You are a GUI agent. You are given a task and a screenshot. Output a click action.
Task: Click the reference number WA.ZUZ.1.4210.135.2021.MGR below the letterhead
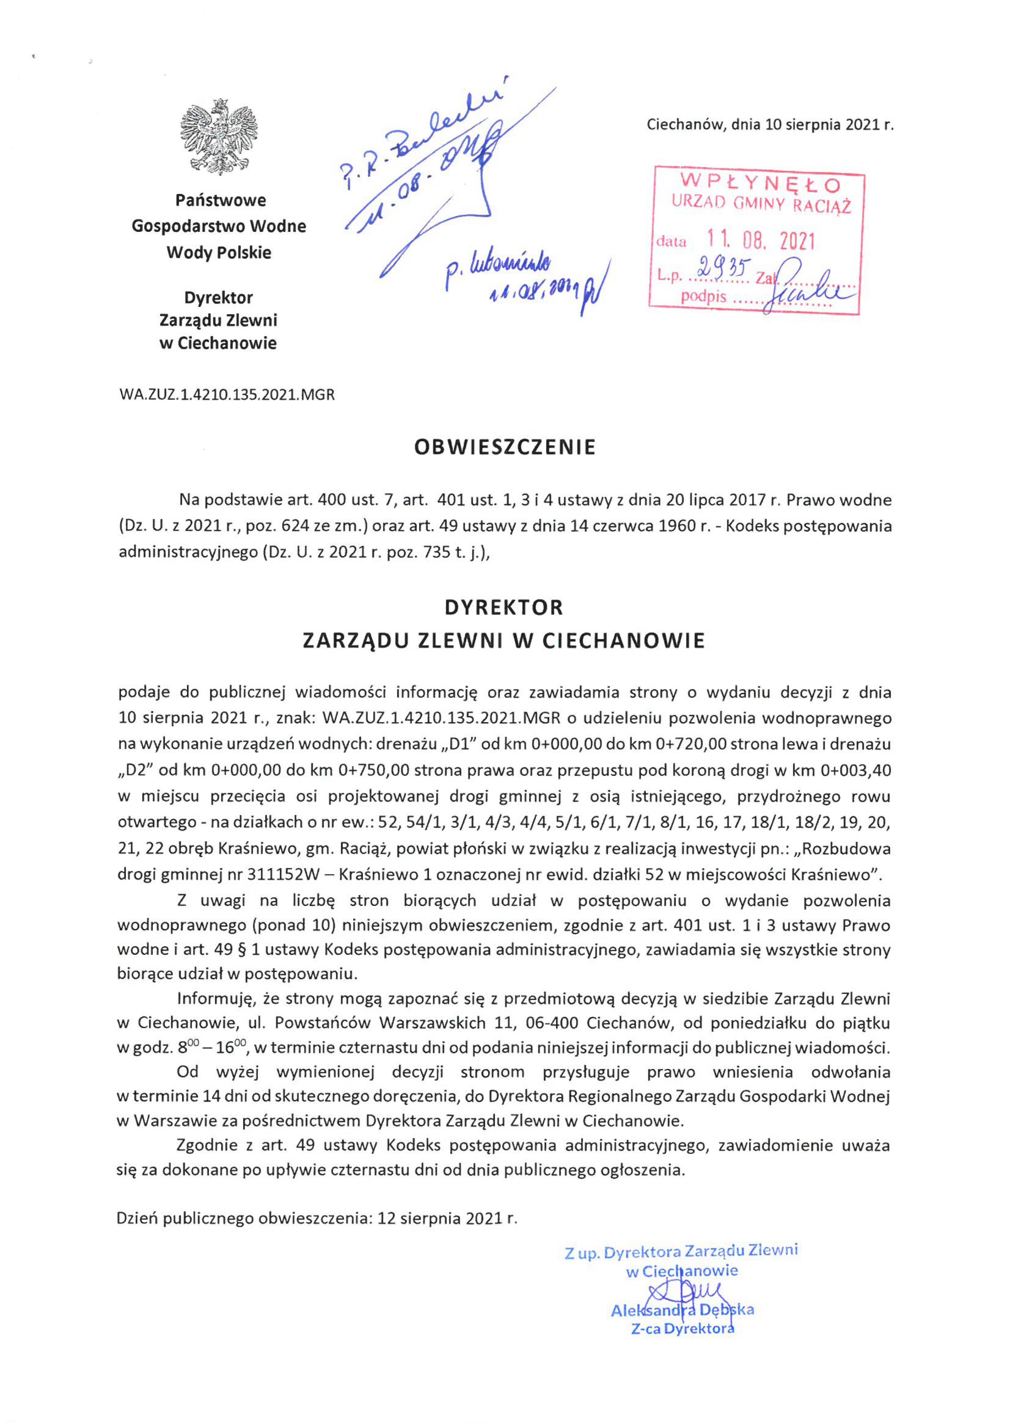point(227,394)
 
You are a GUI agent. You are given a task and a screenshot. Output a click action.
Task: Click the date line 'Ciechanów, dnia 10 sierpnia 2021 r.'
point(770,124)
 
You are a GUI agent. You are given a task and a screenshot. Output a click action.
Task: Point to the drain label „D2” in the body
point(136,770)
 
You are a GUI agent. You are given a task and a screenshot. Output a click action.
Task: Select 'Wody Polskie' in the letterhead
point(219,253)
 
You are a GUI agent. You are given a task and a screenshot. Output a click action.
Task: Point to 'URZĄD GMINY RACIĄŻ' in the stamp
point(761,204)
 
